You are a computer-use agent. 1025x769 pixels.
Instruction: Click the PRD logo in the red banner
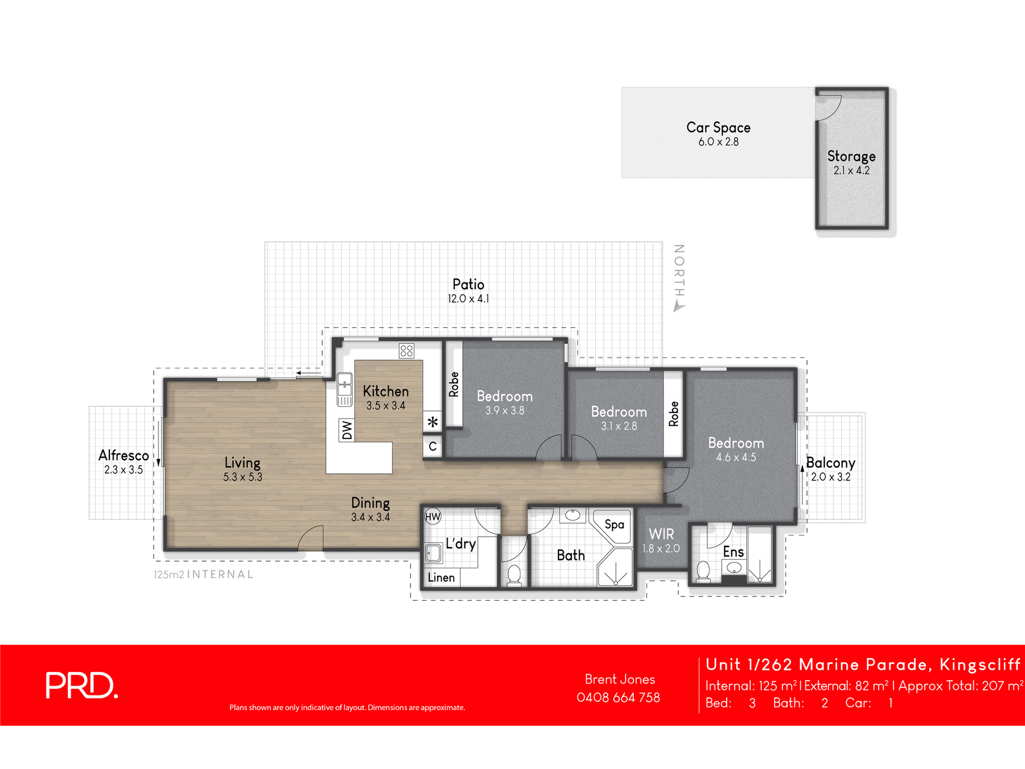tap(81, 685)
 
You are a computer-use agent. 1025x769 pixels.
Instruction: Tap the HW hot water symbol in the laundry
tap(432, 516)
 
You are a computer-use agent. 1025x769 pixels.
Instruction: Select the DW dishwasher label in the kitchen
tap(347, 430)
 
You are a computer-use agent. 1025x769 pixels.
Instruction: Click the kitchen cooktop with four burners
tap(406, 351)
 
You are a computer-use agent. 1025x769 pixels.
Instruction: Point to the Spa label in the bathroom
tap(614, 524)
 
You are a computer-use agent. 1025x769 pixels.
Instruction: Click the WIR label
tap(661, 534)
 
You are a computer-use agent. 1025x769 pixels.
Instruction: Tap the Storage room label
tap(851, 156)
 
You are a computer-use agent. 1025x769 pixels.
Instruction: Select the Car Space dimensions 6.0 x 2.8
tap(718, 142)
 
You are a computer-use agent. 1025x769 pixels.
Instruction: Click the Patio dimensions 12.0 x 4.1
tap(468, 299)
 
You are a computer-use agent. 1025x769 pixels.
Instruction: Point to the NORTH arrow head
tap(679, 307)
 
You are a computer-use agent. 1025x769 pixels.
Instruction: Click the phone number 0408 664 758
tap(618, 697)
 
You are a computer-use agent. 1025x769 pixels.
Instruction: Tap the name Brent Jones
tap(620, 679)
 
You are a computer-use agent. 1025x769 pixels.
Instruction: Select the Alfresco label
tap(123, 456)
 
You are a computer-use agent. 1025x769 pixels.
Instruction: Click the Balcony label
tap(830, 462)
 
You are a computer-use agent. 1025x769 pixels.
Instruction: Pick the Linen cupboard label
tap(441, 577)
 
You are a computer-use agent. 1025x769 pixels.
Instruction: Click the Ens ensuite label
tap(733, 552)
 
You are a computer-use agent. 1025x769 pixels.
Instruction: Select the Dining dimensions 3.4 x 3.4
tap(370, 517)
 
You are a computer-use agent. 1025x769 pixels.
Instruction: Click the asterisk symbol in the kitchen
tap(433, 422)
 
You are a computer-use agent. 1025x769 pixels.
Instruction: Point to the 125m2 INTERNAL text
tap(203, 575)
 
